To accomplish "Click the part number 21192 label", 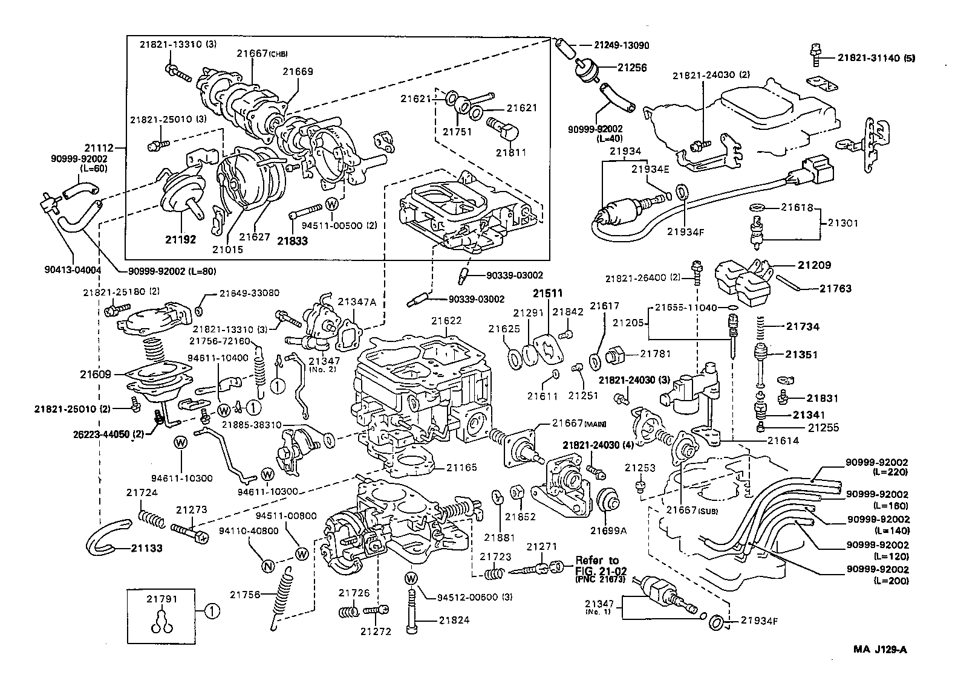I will coord(180,240).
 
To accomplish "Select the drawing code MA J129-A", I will coord(881,650).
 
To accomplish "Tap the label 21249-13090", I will coord(621,45).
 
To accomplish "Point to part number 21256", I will coord(632,68).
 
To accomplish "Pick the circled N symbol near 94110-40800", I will coord(267,566).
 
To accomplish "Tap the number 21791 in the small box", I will coord(161,599).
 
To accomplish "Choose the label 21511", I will coord(547,294).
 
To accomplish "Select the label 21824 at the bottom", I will coord(454,620).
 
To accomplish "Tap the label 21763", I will coord(835,288).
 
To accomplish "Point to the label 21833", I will coord(293,240).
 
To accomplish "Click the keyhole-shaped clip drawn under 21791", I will coord(161,624).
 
